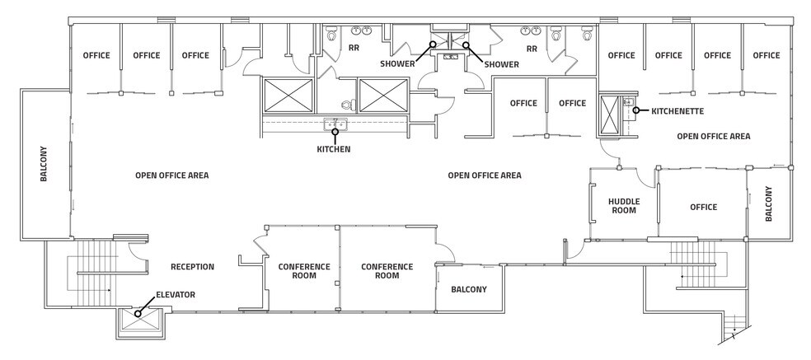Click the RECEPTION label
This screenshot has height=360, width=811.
pyautogui.click(x=192, y=267)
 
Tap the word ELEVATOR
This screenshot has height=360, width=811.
pyautogui.click(x=176, y=294)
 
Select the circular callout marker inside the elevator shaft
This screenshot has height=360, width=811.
pyautogui.click(x=138, y=313)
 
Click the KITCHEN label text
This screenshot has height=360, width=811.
pyautogui.click(x=335, y=150)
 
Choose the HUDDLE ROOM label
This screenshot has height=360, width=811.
pyautogui.click(x=624, y=206)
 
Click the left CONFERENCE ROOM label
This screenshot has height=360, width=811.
pyautogui.click(x=304, y=271)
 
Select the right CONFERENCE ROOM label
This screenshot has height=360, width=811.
pyautogui.click(x=387, y=271)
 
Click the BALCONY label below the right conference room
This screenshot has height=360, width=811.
pyautogui.click(x=468, y=289)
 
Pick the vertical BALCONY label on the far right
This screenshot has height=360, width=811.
pyautogui.click(x=769, y=203)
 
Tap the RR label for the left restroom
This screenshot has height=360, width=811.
pyautogui.click(x=354, y=49)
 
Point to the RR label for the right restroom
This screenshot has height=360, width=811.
pyautogui.click(x=532, y=49)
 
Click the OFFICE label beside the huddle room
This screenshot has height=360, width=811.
pyautogui.click(x=702, y=207)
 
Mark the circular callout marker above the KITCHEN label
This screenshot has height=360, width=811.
pyautogui.click(x=335, y=131)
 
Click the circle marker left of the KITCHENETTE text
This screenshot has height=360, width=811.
pyautogui.click(x=637, y=110)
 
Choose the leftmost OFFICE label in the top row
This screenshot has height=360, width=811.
pyautogui.click(x=97, y=56)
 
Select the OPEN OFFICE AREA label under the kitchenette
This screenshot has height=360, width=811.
pyautogui.click(x=713, y=136)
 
